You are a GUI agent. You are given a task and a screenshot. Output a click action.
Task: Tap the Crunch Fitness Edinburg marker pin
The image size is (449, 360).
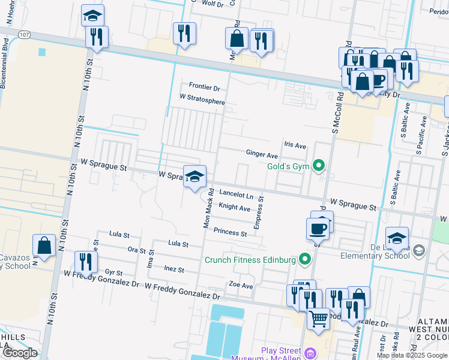pos(306,259)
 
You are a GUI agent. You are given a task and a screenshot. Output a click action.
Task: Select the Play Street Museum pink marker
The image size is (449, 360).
pos(310,352)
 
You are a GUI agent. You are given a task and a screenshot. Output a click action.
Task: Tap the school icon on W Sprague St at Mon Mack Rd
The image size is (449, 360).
pos(194,176)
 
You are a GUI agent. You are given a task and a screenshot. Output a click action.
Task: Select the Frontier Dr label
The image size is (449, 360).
pos(204,88)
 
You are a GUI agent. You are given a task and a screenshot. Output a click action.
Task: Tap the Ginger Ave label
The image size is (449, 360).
pos(262,154)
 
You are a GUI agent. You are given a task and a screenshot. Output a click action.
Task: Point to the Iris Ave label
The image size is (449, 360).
pos(295,145)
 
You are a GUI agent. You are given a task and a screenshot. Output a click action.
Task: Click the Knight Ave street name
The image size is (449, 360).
pos(234,207)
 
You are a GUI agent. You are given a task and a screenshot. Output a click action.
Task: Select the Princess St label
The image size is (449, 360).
pos(230,232)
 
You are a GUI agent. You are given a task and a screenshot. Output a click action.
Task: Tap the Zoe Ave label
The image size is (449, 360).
pos(241,286)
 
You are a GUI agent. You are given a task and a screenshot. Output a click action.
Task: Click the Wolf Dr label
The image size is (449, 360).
pos(212,4)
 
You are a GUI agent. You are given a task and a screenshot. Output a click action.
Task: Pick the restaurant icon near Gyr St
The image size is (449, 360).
pos(85,262)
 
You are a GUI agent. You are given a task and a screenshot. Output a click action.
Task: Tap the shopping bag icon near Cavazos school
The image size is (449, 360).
pos(44,245)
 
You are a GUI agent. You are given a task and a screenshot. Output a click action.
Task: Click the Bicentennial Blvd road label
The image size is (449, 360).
pos(6,63)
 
